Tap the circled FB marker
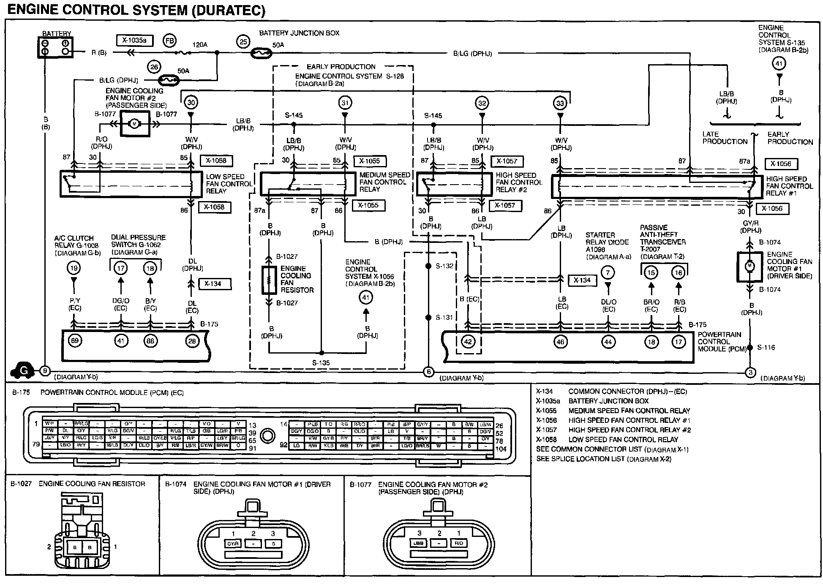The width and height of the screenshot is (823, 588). (x=170, y=40)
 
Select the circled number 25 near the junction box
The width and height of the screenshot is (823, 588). (x=243, y=42)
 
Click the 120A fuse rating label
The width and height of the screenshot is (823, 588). (x=200, y=45)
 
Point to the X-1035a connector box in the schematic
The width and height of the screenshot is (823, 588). (x=134, y=40)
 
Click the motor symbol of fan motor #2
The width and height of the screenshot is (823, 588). (x=135, y=124)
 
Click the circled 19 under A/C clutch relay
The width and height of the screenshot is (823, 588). (x=74, y=268)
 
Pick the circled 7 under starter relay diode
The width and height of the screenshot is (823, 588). (x=608, y=273)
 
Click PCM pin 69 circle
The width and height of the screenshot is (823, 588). (x=75, y=341)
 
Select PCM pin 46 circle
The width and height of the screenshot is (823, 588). (x=560, y=341)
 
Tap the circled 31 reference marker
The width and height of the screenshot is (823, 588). (x=345, y=103)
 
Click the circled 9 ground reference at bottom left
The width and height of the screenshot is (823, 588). (x=44, y=371)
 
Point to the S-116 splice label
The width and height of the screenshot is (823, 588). (x=766, y=348)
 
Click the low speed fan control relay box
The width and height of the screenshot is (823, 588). (x=127, y=184)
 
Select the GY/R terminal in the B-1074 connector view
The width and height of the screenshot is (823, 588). (x=233, y=544)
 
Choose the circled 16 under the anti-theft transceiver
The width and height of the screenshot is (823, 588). (x=679, y=273)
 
